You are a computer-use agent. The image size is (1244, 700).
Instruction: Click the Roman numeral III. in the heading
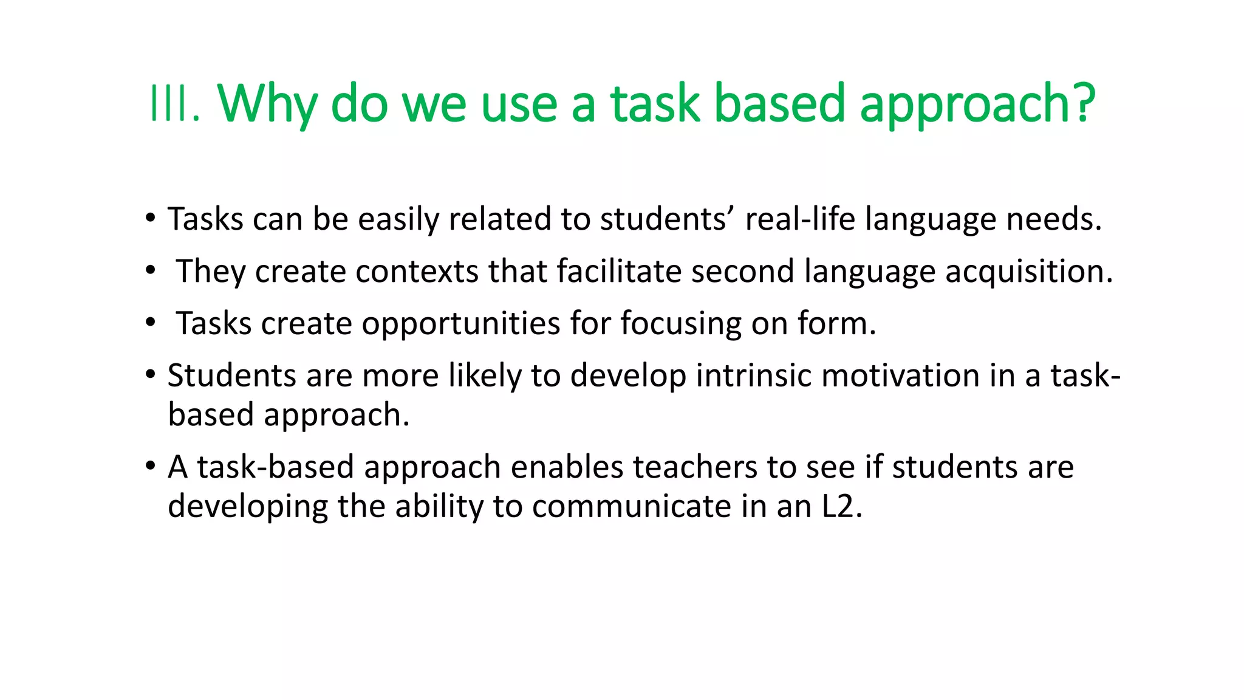pyautogui.click(x=174, y=104)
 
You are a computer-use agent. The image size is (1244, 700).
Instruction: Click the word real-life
pyautogui.click(x=800, y=219)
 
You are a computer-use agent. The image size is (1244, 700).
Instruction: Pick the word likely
pyautogui.click(x=485, y=376)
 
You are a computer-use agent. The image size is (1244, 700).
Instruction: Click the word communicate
pyautogui.click(x=631, y=506)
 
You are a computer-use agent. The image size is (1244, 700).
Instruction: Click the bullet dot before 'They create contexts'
pyautogui.click(x=150, y=271)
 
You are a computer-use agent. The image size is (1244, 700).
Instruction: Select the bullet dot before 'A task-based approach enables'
pyautogui.click(x=150, y=467)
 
